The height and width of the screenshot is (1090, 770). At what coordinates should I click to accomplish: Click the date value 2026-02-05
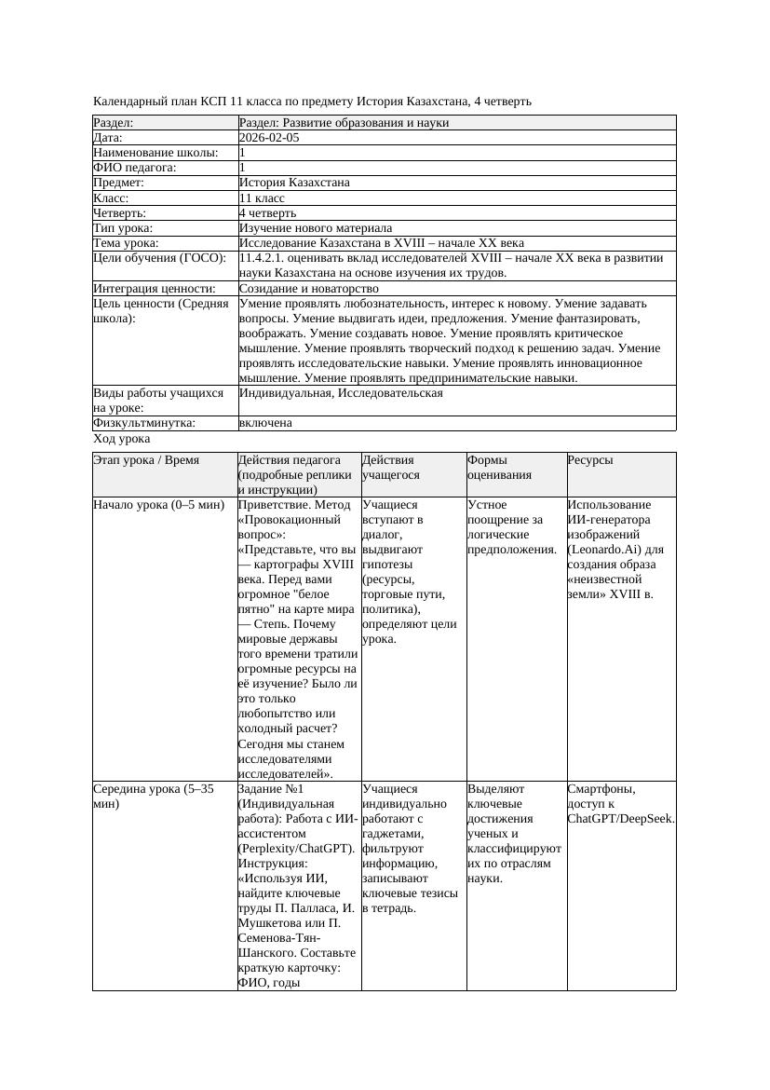click(x=269, y=138)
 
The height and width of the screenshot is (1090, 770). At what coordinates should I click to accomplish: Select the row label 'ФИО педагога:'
click(x=135, y=168)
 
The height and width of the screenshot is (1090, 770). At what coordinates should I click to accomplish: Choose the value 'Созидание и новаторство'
click(x=308, y=289)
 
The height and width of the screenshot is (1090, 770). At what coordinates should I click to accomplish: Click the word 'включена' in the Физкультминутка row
click(x=265, y=423)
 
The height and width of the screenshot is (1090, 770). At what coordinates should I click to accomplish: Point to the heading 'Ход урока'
click(x=121, y=439)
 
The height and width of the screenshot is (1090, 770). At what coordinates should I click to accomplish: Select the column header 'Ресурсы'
click(x=590, y=460)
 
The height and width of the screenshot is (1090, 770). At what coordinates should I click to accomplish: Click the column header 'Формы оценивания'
click(x=499, y=467)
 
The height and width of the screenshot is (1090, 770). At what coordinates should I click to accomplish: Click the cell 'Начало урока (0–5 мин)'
click(x=159, y=505)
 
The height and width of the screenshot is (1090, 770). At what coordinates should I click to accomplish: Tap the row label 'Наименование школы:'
click(x=155, y=153)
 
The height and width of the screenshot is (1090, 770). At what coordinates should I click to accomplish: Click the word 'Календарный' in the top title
click(x=128, y=101)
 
